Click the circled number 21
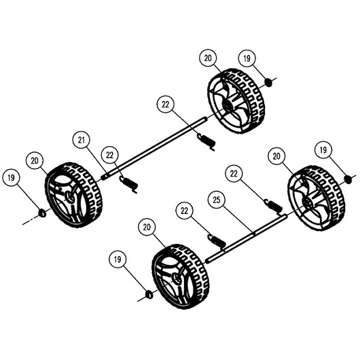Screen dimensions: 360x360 pyautogui.click(x=82, y=140)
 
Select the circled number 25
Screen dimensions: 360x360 pyautogui.click(x=217, y=200)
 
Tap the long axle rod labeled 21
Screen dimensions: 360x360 pyautogui.click(x=154, y=148)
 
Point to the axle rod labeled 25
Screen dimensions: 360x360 pyautogui.click(x=246, y=239)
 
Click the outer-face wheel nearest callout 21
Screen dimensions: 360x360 pyautogui.click(x=73, y=195)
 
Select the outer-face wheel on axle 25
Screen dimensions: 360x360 pyautogui.click(x=181, y=276)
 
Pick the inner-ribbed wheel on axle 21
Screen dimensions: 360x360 pyautogui.click(x=236, y=101)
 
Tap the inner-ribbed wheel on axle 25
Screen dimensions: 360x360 pyautogui.click(x=316, y=198)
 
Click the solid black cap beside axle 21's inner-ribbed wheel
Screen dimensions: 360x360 pyautogui.click(x=268, y=82)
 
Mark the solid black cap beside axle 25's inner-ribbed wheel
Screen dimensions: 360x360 pyautogui.click(x=348, y=179)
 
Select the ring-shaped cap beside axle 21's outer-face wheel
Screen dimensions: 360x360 pyautogui.click(x=42, y=213)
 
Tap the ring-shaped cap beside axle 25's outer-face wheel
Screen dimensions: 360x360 pyautogui.click(x=149, y=295)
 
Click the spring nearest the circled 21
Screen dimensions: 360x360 pyautogui.click(x=129, y=184)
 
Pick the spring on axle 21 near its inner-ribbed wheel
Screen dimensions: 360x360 pyautogui.click(x=206, y=142)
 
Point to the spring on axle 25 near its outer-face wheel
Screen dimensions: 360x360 pyautogui.click(x=217, y=242)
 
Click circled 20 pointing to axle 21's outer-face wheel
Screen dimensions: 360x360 pyautogui.click(x=35, y=160)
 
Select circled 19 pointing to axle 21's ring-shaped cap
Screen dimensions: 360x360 pyautogui.click(x=11, y=178)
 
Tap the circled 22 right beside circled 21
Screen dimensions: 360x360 pyautogui.click(x=109, y=156)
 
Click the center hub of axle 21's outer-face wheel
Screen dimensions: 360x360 pyautogui.click(x=68, y=197)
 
